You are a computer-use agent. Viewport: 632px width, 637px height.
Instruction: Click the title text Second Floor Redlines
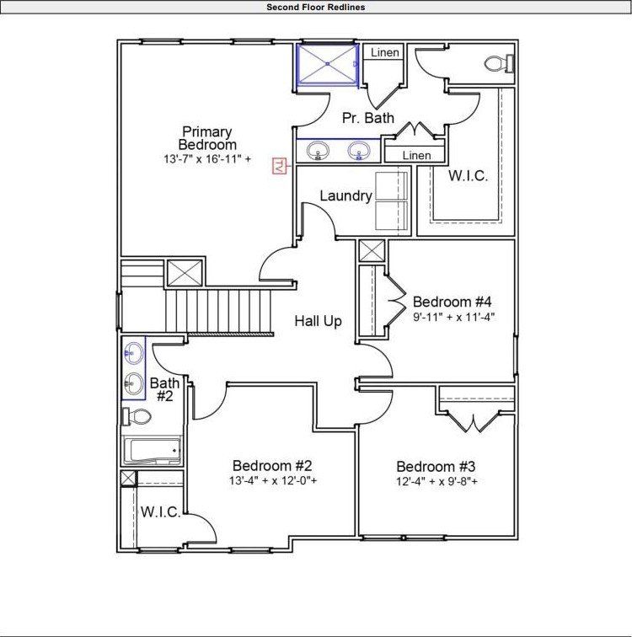[x=315, y=7]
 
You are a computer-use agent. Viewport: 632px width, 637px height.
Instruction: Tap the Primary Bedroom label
[x=207, y=138]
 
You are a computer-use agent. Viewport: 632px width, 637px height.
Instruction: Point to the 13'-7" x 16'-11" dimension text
[x=207, y=158]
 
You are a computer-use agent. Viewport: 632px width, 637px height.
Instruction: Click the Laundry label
[x=345, y=196]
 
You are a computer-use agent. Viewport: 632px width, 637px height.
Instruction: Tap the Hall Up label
[x=318, y=321]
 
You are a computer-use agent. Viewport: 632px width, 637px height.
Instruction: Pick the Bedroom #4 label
[x=452, y=302]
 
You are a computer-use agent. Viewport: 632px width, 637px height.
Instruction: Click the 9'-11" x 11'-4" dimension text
[x=452, y=318]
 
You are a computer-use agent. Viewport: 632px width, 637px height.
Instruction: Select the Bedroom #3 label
[x=437, y=467]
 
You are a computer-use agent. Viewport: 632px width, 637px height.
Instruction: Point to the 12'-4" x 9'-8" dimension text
[x=437, y=483]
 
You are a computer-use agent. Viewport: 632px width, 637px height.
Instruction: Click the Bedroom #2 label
[x=273, y=466]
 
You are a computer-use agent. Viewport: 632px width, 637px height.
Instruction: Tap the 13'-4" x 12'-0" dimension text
[x=273, y=482]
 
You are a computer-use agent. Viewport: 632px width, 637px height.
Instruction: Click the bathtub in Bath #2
[x=152, y=451]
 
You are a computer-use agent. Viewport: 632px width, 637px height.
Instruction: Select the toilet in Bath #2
[x=137, y=415]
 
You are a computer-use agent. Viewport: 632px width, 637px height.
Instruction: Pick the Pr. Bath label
[x=368, y=119]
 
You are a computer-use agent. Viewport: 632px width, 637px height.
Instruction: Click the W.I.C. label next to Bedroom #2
[x=160, y=512]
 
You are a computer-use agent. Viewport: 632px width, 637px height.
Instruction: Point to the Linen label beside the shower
[x=384, y=53]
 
